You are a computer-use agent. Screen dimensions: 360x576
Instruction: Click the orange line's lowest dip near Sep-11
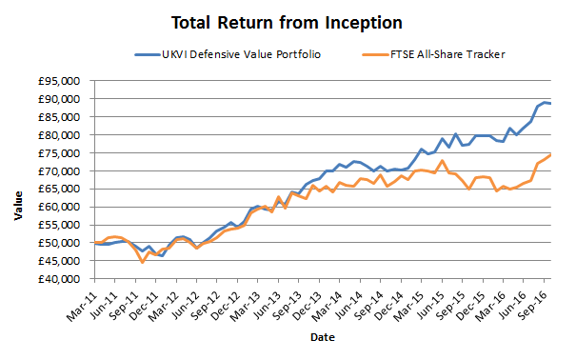click(142, 262)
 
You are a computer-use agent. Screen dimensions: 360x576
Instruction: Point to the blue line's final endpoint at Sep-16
click(550, 103)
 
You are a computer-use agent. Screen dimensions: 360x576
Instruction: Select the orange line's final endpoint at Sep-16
click(550, 155)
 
